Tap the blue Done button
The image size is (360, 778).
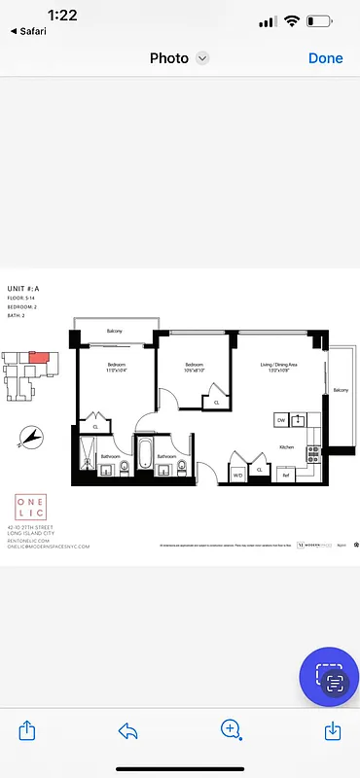325,58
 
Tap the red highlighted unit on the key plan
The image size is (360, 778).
36,357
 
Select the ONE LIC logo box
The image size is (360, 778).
29,508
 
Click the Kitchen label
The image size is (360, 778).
287,446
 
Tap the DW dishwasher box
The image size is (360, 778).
281,419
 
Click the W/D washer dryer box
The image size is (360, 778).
236,475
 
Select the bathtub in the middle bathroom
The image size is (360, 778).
144,454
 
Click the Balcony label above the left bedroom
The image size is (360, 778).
115,333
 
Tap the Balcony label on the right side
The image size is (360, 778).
341,390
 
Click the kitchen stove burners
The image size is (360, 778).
313,453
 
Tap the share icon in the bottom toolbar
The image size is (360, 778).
27,729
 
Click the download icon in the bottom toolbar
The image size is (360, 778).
332,729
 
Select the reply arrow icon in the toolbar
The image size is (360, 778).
128,729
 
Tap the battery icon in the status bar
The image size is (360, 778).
321,21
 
